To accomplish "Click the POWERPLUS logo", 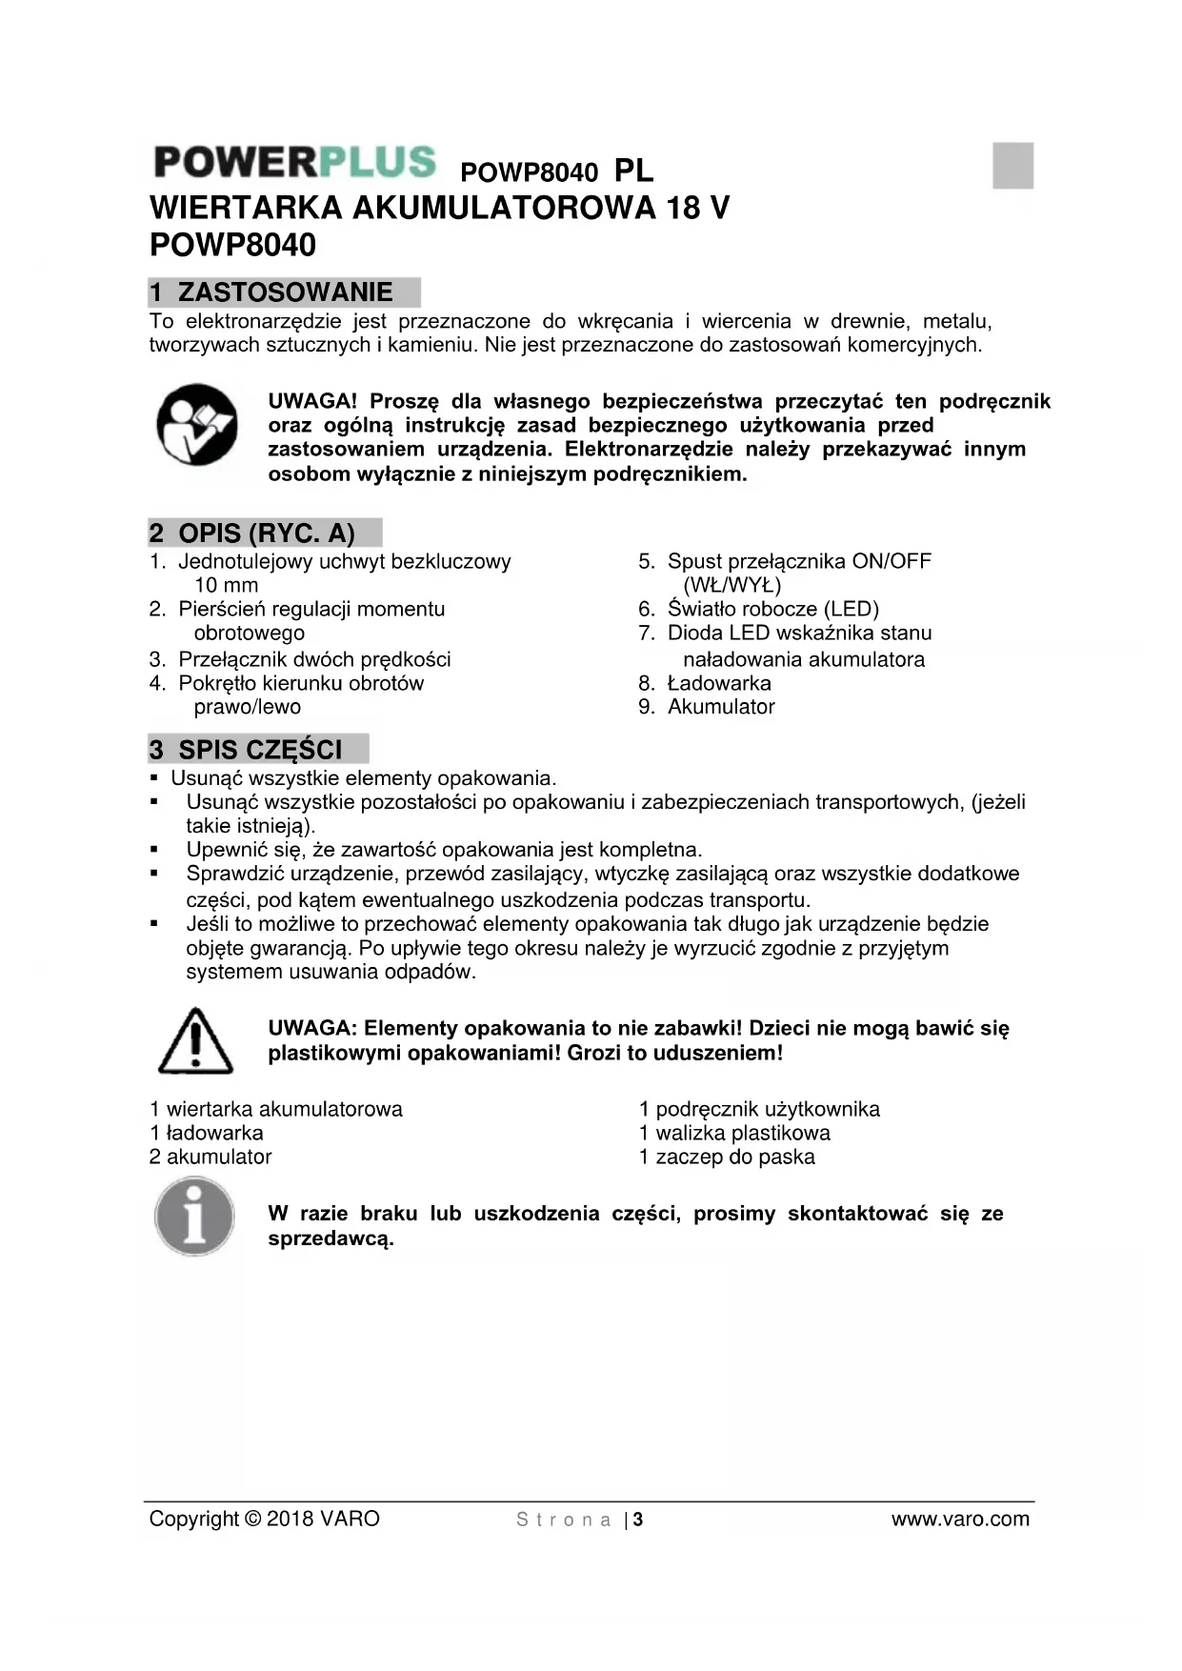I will tap(294, 162).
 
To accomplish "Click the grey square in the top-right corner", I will tap(1012, 165).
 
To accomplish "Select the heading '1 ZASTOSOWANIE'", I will tap(284, 292).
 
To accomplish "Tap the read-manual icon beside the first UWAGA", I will tap(197, 425).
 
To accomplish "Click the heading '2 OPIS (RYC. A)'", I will tap(265, 533).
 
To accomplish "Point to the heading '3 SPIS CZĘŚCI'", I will tap(258, 749).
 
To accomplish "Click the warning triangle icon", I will tap(195, 1041).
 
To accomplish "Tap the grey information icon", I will tap(195, 1217).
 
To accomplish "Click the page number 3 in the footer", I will tap(638, 1520).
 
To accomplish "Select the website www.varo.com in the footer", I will tap(960, 1519).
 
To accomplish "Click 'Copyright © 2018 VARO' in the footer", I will tap(264, 1519).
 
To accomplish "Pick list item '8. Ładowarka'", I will tap(705, 683).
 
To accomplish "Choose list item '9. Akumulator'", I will tap(707, 707).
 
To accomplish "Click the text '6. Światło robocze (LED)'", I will tap(758, 609).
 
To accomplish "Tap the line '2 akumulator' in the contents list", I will tap(210, 1157).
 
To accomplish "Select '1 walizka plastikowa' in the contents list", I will tap(734, 1133).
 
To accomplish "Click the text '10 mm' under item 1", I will tap(226, 585).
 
